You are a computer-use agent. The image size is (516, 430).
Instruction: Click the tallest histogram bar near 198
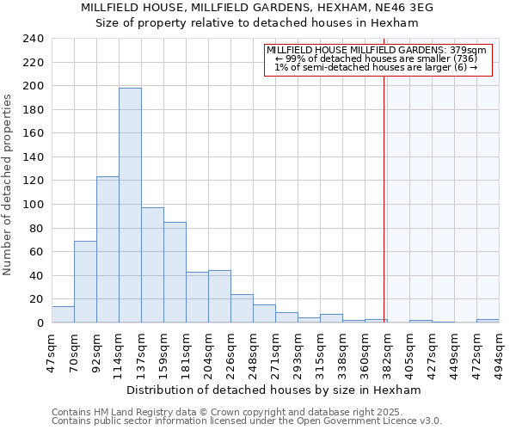point(130,206)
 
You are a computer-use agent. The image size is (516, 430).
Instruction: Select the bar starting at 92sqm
point(107,249)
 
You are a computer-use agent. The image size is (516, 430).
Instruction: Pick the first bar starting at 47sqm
point(63,315)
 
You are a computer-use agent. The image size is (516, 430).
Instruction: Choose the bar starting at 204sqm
point(219,297)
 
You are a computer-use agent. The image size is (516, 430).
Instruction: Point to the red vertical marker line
point(384,189)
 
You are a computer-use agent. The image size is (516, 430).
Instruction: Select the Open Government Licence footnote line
point(247,421)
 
